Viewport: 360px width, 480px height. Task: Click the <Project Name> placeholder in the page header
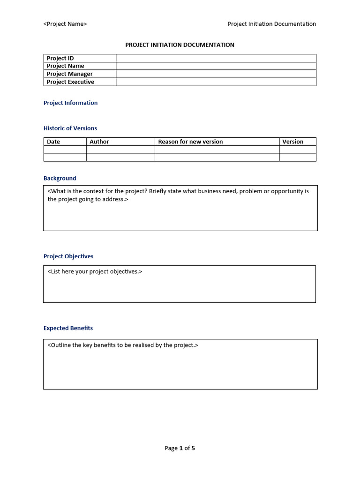tap(65, 24)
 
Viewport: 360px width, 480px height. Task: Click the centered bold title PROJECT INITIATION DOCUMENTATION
tap(180, 45)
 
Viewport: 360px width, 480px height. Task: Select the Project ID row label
tap(60, 58)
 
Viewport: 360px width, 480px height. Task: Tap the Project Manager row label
tap(69, 74)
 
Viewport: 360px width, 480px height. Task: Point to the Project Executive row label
tap(70, 82)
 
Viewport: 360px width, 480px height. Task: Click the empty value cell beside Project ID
tap(216, 58)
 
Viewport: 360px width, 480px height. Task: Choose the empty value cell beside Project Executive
tap(216, 82)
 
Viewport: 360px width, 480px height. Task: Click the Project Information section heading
tap(70, 103)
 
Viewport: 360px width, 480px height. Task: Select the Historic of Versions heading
tap(70, 128)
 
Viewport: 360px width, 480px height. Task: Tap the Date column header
tap(53, 142)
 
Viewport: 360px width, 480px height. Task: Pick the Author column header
tap(99, 142)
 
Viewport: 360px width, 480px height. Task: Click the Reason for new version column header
tap(190, 142)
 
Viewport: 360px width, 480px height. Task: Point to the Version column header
tap(292, 142)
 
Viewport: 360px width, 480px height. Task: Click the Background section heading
tap(60, 179)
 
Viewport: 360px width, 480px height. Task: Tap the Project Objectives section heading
tap(68, 256)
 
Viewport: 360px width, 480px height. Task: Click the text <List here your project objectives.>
tap(95, 272)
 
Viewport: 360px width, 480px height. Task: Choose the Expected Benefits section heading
tap(68, 329)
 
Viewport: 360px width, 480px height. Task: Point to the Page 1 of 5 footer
tap(180, 448)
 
